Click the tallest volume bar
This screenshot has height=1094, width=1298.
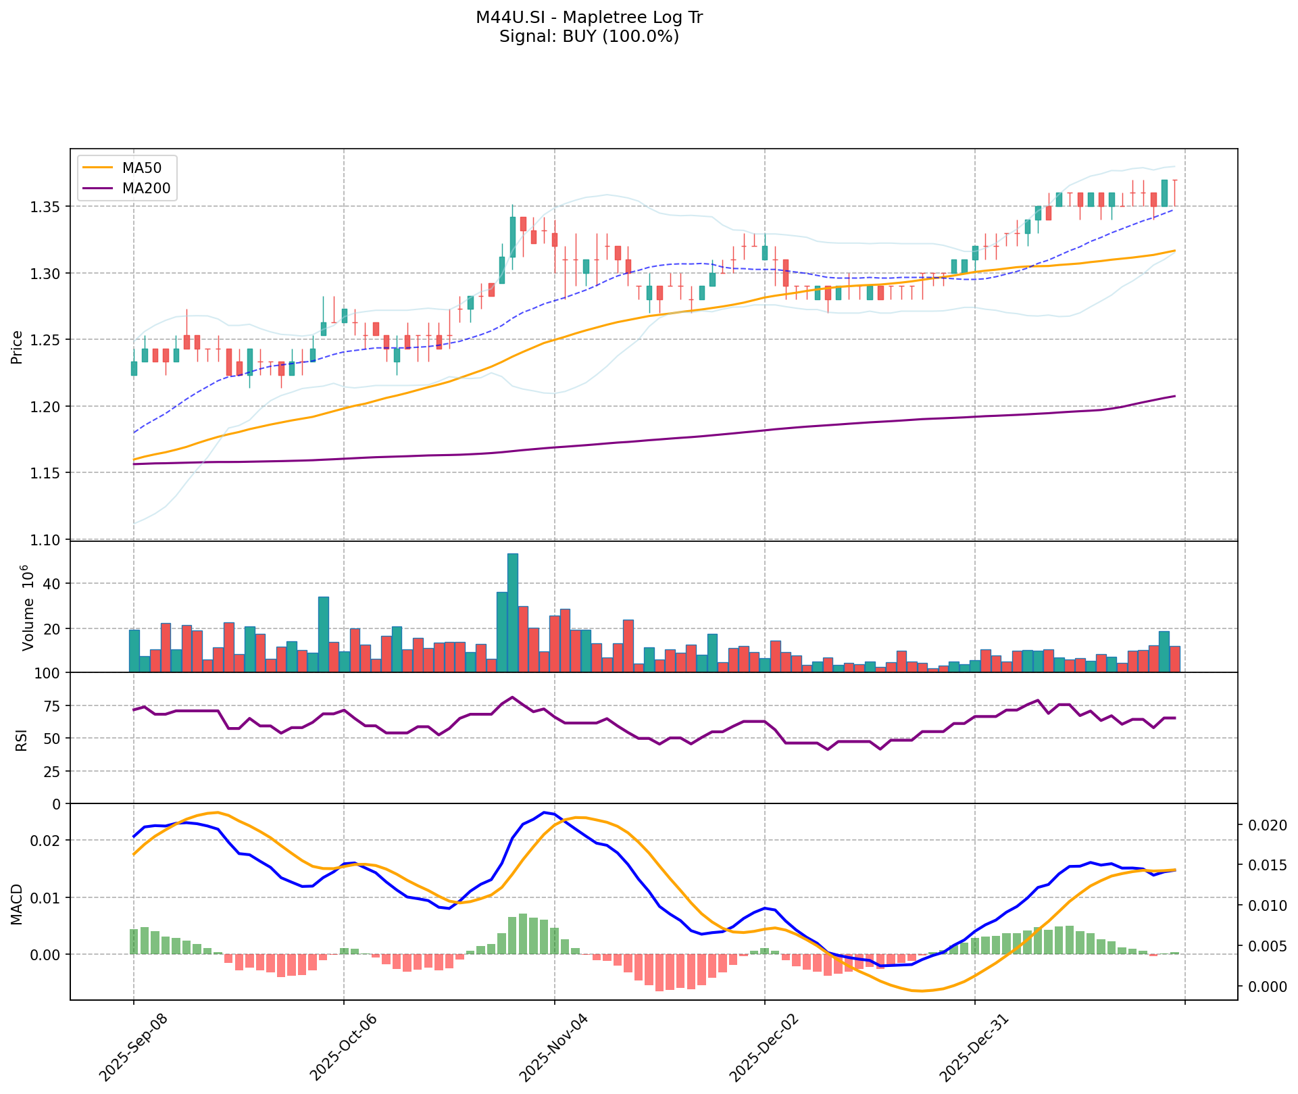(x=513, y=612)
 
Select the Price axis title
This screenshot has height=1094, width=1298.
(x=18, y=347)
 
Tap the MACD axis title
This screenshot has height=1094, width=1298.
(x=18, y=904)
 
